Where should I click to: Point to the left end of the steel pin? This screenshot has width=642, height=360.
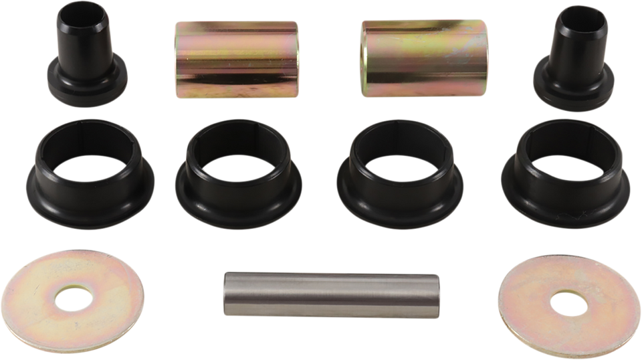point(224,294)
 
